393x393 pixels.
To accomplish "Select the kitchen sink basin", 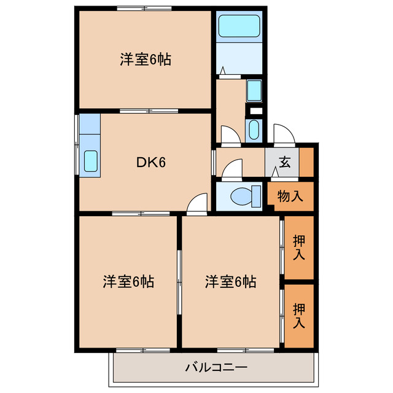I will coord(90,161).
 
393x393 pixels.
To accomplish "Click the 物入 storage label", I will coord(290,196).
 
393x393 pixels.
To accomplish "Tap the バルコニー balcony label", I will coord(216,368).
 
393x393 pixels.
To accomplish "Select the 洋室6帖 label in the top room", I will coord(145,60).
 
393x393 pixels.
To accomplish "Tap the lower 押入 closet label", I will coord(299,314).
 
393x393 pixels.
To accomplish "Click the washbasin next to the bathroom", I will coord(254,90).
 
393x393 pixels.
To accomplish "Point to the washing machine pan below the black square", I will coord(254,130).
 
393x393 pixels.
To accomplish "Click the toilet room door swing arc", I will coord(232,169).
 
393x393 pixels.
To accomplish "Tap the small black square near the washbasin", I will coord(255,111).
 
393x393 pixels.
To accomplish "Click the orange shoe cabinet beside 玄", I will coord(306,162).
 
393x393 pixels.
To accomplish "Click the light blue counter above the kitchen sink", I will coord(90,130).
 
